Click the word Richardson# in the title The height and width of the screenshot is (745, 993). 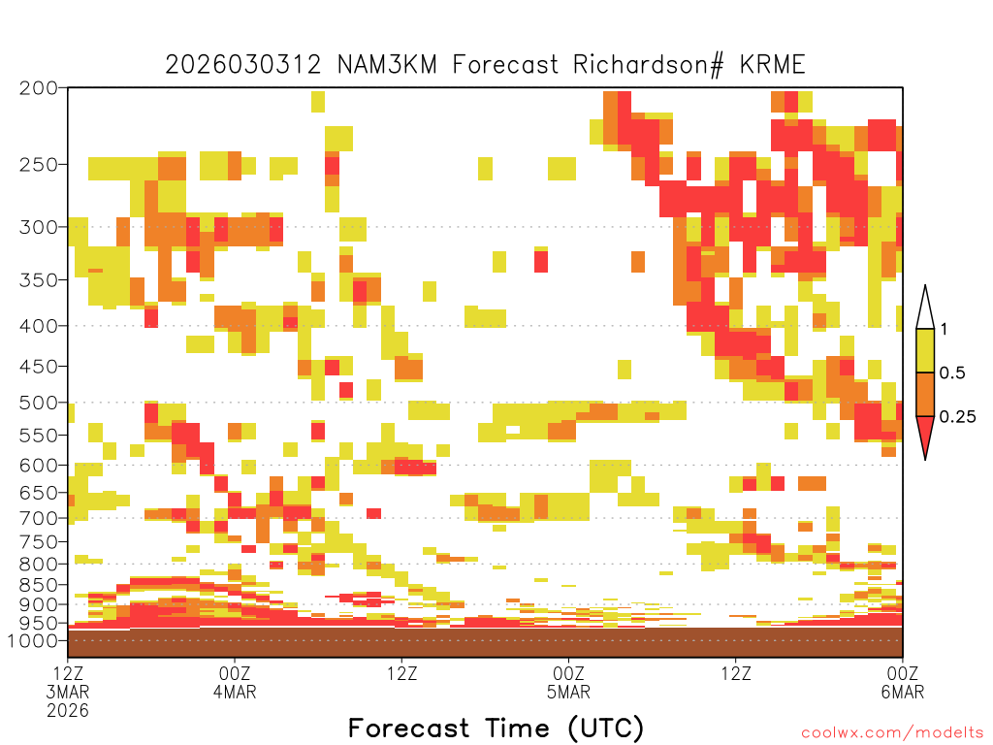(x=648, y=65)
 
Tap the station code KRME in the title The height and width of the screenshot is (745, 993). (x=773, y=65)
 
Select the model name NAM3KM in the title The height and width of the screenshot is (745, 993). (x=387, y=65)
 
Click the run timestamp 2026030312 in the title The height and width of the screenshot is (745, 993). (x=243, y=65)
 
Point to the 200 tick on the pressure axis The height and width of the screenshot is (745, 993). (x=39, y=87)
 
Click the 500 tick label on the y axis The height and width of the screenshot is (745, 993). (x=39, y=403)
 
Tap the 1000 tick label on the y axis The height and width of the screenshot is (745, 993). (x=32, y=640)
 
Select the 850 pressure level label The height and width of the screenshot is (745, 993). (x=39, y=585)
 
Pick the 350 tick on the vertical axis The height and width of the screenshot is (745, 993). (x=39, y=279)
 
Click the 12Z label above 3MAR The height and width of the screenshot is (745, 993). (x=68, y=673)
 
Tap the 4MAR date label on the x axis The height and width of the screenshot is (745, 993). (x=235, y=692)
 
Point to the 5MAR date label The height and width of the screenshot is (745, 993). (x=568, y=692)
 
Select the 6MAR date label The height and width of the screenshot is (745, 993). (x=903, y=692)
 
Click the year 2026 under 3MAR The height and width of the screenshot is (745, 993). (x=68, y=711)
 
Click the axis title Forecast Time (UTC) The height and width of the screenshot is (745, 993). (x=496, y=729)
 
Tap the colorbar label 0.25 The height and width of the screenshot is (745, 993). (x=957, y=417)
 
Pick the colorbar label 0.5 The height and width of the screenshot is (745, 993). (x=952, y=373)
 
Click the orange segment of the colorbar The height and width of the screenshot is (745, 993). (x=925, y=394)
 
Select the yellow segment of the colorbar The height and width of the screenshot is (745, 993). (x=925, y=350)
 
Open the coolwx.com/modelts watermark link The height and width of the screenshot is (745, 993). (x=892, y=733)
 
